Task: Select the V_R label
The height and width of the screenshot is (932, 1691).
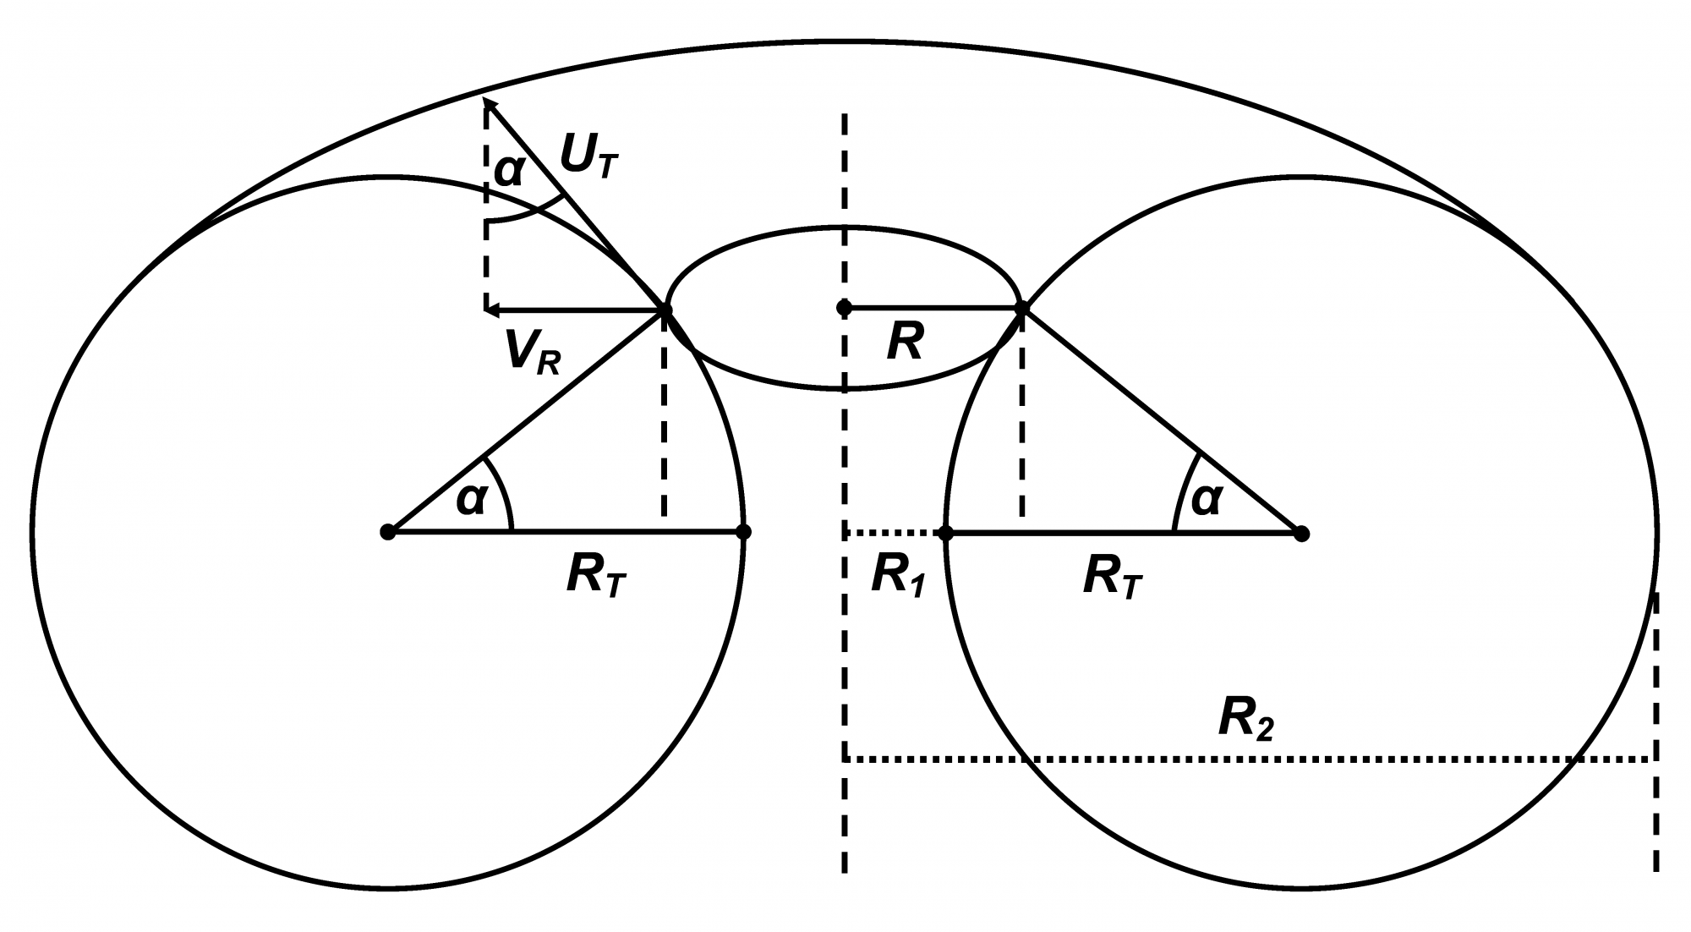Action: pos(532,351)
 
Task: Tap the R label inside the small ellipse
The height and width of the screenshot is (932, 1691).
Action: pos(905,343)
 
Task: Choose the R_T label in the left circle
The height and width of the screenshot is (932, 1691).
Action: pos(597,578)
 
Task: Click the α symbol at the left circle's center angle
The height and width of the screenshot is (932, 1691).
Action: pos(472,500)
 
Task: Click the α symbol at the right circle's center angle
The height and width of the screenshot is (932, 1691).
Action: pos(1206,500)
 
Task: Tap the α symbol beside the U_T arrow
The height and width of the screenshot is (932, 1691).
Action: pos(508,171)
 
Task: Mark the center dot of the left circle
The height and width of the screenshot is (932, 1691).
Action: pos(388,532)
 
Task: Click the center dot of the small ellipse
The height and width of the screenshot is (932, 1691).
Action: pos(844,308)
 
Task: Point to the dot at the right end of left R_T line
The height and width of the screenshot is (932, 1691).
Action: pos(743,532)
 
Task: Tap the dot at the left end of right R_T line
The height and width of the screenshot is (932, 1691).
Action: pos(946,533)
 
